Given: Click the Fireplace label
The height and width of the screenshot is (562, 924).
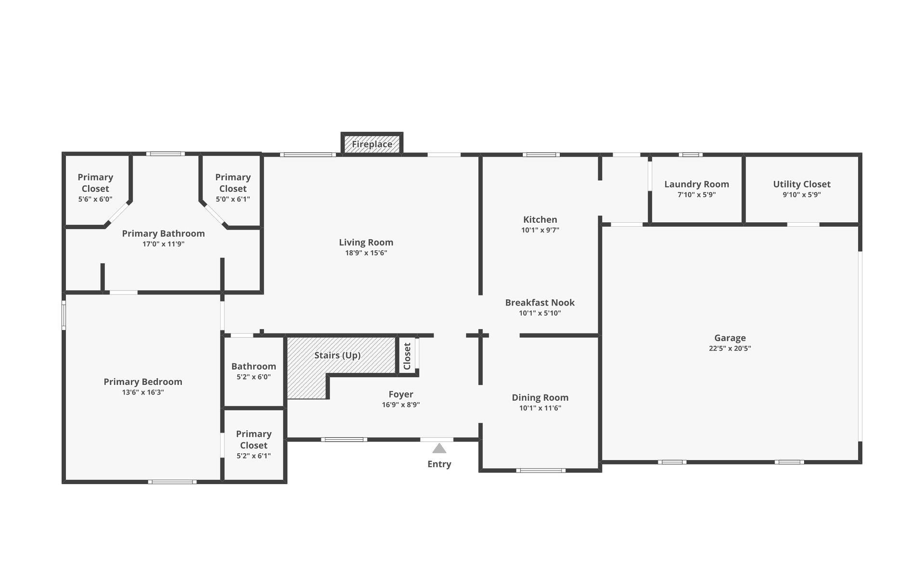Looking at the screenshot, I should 372,144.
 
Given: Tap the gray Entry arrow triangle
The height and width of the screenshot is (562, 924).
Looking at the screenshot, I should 439,448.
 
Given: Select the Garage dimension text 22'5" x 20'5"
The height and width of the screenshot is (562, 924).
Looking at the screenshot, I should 730,348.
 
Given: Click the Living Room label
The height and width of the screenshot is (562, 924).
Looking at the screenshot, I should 366,243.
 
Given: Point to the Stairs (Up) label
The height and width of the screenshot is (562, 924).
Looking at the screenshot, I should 337,355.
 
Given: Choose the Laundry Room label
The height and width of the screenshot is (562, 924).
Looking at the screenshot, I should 696,184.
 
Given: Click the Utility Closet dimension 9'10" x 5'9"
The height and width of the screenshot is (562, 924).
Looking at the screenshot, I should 801,195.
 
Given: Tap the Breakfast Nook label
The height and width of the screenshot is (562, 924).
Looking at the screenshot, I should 539,303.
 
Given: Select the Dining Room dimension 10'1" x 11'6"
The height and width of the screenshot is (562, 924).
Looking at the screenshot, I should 540,408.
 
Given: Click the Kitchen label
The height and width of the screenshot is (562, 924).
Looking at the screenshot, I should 540,219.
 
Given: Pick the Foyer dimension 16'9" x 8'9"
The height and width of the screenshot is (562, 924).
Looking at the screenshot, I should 400,405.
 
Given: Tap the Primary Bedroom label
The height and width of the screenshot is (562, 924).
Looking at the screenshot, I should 143,382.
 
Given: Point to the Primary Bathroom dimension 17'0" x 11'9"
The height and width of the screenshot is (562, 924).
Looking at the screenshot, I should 163,244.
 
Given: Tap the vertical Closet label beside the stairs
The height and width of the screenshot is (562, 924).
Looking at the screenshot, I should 407,356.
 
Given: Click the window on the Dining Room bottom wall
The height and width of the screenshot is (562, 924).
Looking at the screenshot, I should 540,470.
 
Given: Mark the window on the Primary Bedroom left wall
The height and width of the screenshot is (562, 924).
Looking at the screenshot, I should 64,315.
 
